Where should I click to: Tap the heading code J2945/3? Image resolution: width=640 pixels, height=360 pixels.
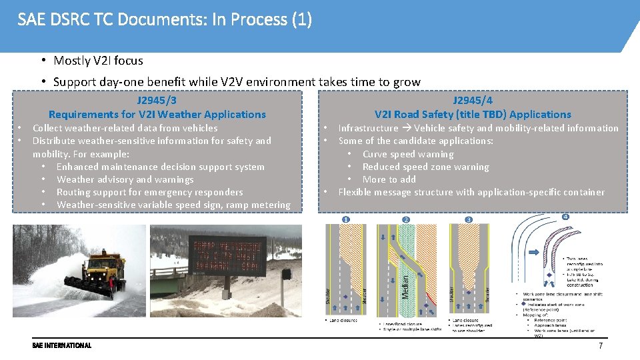(157, 101)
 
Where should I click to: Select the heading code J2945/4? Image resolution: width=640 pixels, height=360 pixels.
(473, 101)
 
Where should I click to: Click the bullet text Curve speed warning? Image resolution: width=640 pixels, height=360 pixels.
(408, 154)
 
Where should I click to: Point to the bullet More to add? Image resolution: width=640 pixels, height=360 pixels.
(389, 179)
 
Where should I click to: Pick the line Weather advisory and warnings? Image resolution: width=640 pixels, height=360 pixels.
(125, 179)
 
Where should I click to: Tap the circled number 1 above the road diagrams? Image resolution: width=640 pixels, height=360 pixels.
(346, 219)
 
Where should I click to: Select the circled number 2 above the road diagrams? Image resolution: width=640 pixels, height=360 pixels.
(406, 219)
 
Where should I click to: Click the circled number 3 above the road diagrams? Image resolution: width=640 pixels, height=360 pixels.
(469, 219)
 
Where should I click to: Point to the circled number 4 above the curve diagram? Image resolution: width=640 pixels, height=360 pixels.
(565, 217)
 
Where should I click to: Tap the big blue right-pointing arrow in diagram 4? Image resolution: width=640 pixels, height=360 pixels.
(534, 253)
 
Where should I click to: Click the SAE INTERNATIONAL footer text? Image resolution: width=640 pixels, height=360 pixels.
(62, 345)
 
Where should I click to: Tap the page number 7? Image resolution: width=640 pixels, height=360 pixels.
(600, 346)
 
